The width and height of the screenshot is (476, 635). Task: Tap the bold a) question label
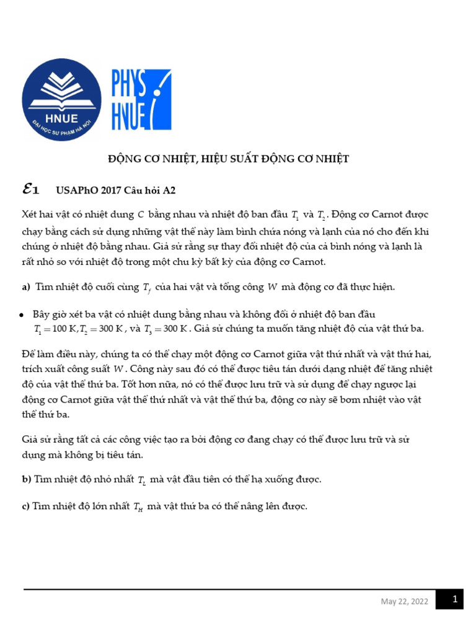pos(25,286)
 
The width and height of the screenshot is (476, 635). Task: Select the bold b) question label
pos(26,479)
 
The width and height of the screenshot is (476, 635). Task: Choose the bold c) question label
pos(25,506)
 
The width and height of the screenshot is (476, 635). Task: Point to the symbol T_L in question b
pos(141,481)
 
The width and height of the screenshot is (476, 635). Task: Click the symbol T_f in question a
pos(146,288)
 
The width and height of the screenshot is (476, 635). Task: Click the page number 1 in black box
pos(454,600)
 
